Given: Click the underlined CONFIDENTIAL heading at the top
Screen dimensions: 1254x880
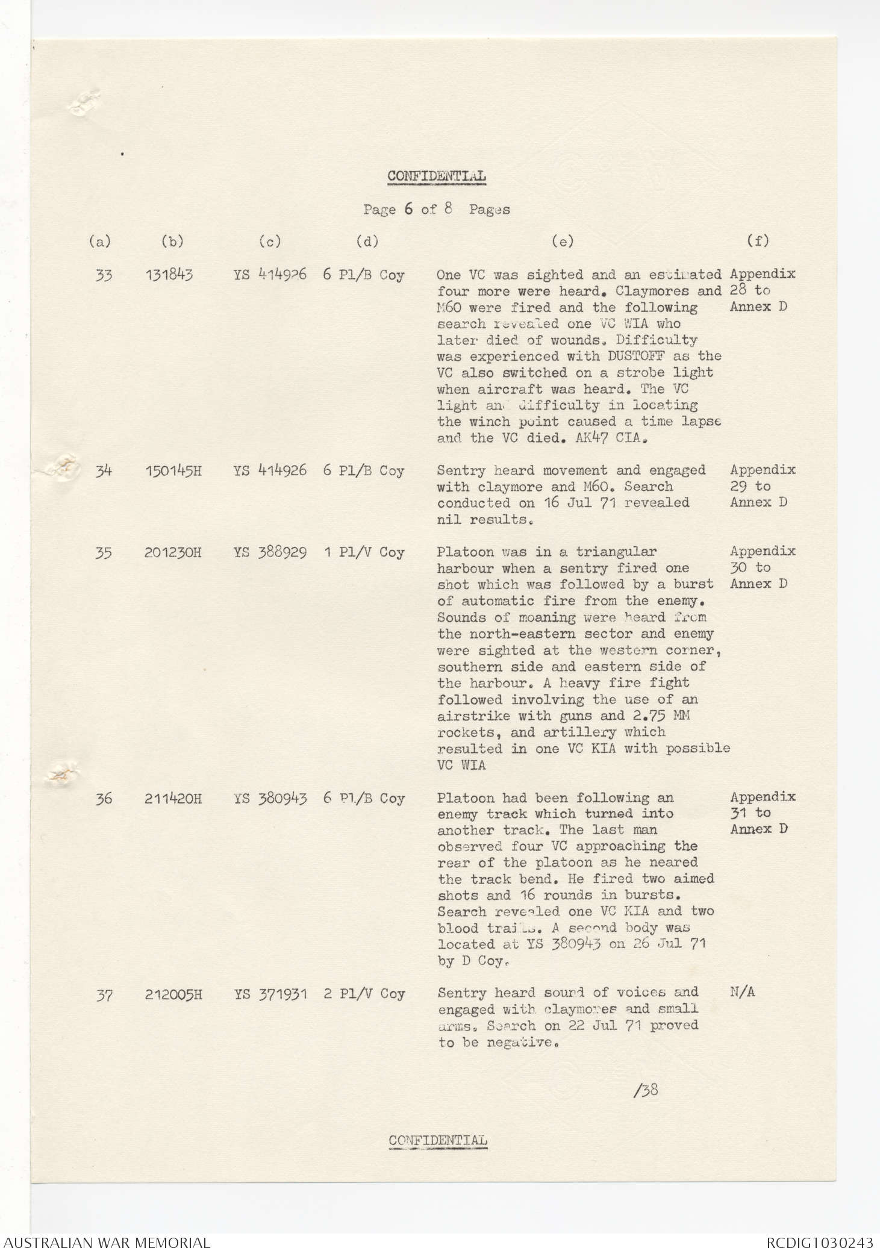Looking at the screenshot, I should pos(437,176).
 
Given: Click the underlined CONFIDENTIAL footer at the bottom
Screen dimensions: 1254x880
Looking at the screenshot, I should pos(438,1140).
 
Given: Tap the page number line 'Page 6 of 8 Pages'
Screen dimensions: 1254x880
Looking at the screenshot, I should pos(437,210).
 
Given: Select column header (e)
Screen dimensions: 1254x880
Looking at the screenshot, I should pos(563,242).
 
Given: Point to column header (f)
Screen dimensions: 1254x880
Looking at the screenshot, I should pos(758,241).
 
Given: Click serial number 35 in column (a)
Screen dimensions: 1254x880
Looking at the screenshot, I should pos(104,553).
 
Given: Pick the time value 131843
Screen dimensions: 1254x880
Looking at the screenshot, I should pos(169,275).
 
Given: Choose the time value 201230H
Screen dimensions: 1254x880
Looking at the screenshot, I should pos(173,553).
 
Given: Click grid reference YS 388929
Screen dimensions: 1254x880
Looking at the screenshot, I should pos(270,552).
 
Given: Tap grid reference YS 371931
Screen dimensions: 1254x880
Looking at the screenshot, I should pos(270,994).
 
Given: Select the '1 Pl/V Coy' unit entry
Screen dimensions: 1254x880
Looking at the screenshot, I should pos(364,552).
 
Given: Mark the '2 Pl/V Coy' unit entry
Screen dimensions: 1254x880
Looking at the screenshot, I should pos(364,994).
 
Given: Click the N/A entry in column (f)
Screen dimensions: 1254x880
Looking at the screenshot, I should pos(742,993).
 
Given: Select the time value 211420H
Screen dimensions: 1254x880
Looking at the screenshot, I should pos(173,799).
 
